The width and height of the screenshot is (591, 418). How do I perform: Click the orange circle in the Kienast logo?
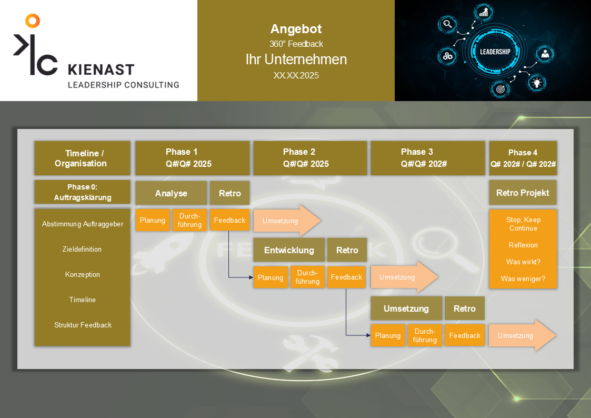33,21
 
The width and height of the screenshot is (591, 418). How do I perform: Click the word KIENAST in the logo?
101,69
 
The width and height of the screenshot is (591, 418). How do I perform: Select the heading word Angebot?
296,29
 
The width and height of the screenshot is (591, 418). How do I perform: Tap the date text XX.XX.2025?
296,75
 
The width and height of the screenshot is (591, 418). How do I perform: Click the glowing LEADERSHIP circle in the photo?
495,52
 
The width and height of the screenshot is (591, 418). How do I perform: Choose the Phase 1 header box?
193,158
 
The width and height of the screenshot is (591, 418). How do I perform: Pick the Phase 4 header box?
523,158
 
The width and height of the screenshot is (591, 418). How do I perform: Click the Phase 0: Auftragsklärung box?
82,192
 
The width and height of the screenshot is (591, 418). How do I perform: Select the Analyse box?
171,193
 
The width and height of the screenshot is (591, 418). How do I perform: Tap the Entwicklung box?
289,250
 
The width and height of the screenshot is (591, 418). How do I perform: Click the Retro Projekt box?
523,193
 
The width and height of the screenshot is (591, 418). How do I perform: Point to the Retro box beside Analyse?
229,193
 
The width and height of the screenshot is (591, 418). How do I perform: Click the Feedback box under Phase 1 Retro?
229,220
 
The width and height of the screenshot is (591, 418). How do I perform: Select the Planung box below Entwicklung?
271,277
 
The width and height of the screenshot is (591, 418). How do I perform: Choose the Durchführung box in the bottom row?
425,335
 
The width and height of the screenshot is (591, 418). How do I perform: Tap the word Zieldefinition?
82,249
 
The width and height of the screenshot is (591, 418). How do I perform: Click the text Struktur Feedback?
83,325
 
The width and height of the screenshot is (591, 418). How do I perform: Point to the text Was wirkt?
523,262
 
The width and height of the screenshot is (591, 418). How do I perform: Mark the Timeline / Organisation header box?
82,158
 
